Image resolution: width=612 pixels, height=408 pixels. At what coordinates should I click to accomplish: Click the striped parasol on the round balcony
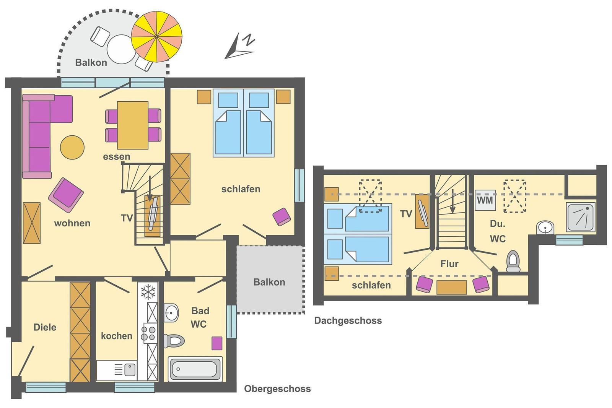[x=156, y=37]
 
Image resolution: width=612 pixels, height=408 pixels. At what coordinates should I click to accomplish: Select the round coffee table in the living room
[x=72, y=148]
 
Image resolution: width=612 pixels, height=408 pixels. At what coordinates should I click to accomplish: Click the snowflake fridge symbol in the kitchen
[x=148, y=292]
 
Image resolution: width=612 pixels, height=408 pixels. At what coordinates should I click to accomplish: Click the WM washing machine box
[x=485, y=200]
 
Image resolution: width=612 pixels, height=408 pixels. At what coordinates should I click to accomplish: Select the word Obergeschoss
[x=277, y=388]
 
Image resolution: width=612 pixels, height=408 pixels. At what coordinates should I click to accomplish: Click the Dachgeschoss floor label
[x=348, y=320]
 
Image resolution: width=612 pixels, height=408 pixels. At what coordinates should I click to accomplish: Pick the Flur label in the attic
[x=449, y=264]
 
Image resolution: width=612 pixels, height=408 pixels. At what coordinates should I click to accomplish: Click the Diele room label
[x=45, y=327]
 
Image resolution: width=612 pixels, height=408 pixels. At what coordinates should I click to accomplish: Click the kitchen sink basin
[x=130, y=370]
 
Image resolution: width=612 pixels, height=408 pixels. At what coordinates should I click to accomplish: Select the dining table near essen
[x=133, y=125]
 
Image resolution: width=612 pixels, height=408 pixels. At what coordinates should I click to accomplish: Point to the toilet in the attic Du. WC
[x=513, y=261]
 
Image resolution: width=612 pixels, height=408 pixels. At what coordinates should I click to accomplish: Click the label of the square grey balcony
[x=269, y=282]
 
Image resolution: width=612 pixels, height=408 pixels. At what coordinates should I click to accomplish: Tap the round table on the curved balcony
[x=121, y=49]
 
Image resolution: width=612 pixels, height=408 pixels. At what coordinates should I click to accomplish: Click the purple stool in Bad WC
[x=217, y=343]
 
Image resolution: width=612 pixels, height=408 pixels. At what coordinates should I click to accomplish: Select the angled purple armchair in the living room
[x=66, y=195]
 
